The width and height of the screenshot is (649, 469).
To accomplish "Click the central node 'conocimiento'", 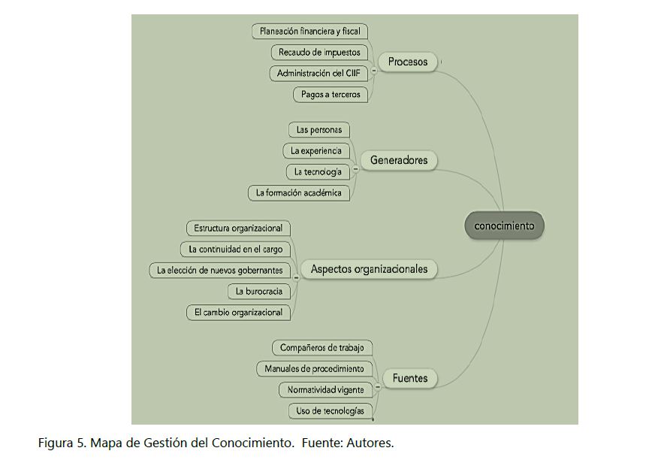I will pos(504,225).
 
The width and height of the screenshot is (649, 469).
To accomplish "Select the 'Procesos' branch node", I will pos(408,62).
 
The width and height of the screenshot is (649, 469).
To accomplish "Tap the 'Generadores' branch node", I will pos(399,160).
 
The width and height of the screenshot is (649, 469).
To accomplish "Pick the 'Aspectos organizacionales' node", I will pos(369,269).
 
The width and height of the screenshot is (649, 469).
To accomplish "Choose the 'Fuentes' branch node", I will pos(410,378).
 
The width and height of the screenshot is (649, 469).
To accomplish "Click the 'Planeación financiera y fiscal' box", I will pos(309,32).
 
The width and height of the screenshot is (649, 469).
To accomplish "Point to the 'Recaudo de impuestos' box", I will pos(319,53).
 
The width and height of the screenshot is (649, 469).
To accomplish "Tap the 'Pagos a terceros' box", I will pos(331,95).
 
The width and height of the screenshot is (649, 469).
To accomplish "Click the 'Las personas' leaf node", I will pos(318,130).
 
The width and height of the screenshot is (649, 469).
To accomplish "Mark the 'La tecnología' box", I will pos(318,172).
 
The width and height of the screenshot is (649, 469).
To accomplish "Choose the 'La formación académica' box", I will pos(298,193).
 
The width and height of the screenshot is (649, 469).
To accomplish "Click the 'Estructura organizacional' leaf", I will pos(238,228).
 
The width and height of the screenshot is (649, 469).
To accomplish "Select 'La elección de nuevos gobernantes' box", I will pos(220,271).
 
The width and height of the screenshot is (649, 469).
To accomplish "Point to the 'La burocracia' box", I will pos(258,291).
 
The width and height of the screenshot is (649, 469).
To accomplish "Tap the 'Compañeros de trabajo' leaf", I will pos(321,348).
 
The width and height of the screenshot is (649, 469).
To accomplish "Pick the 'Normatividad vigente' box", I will pos(325,390).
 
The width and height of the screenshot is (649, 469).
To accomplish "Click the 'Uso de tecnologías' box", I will pos(330,411).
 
